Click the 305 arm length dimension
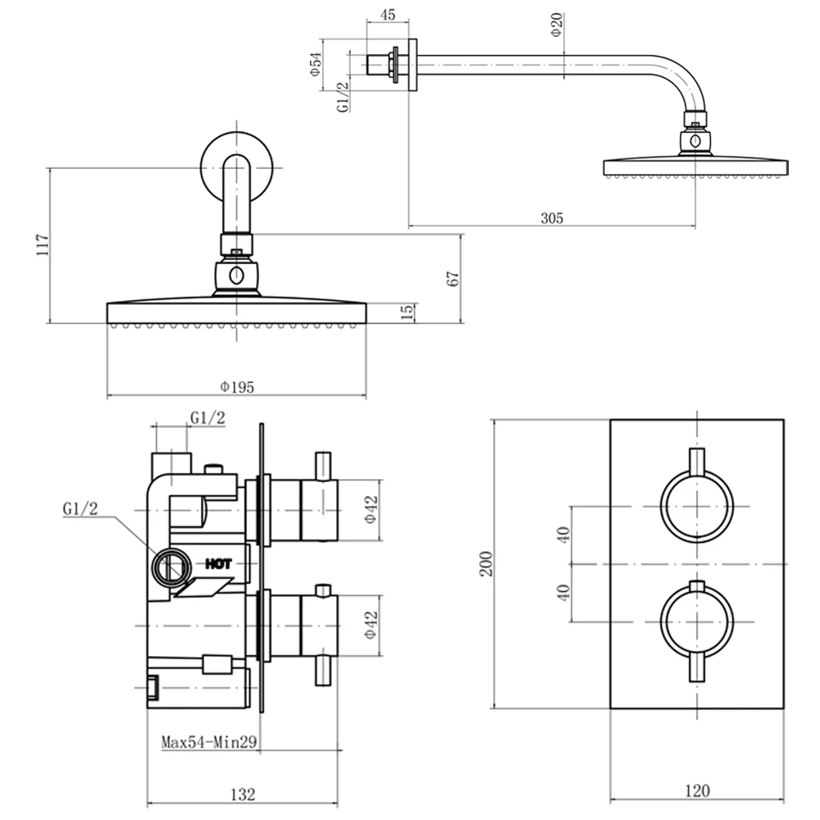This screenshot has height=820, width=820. tap(552, 217)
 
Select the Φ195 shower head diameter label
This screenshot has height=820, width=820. tap(236, 387)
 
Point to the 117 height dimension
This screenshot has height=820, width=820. tap(43, 245)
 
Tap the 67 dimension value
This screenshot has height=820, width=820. tap(452, 277)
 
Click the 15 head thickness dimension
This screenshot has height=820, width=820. tap(408, 312)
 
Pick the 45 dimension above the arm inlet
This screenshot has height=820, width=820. tap(388, 14)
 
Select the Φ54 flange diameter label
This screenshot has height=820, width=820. tap(314, 65)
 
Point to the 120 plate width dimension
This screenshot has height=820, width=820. tap(696, 790)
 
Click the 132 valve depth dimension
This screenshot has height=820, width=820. tap(242, 794)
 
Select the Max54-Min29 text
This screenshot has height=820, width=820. tap(210, 743)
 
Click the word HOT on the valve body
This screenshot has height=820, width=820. tap(218, 563)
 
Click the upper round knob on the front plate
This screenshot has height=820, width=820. tap(697, 504)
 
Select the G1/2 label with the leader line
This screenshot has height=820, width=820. tap(80, 509)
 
